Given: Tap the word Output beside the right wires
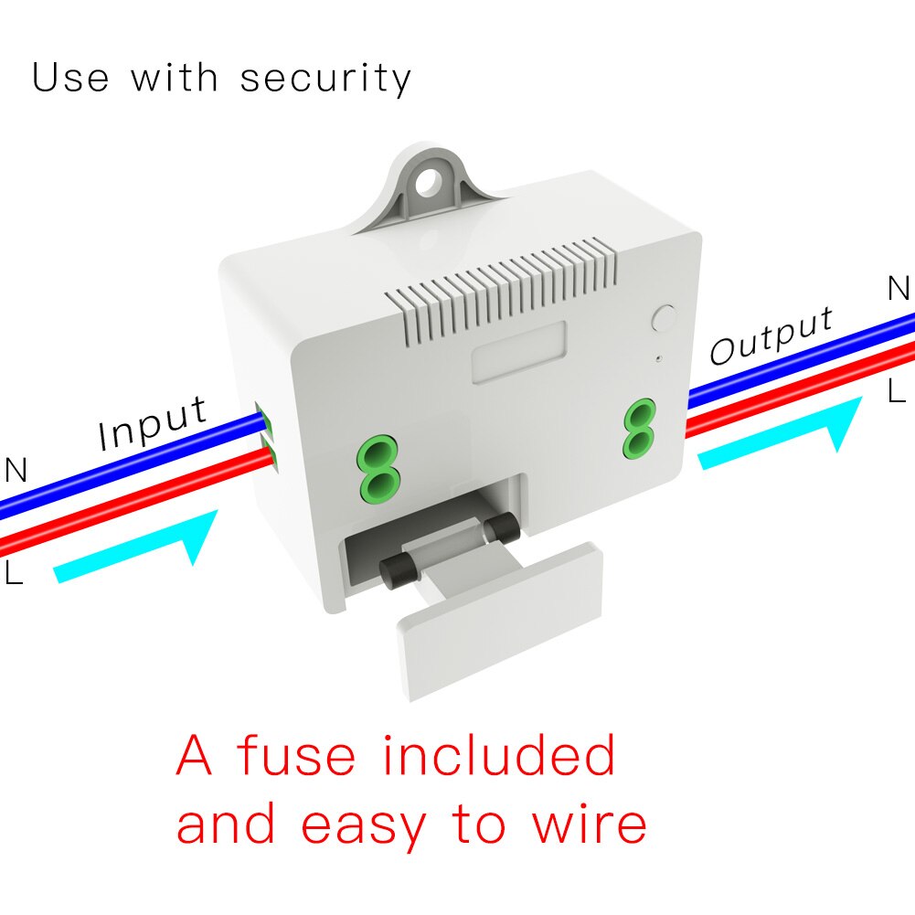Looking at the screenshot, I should pyautogui.click(x=771, y=335).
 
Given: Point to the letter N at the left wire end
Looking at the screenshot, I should pyautogui.click(x=16, y=471).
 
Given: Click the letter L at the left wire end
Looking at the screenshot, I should pyautogui.click(x=14, y=574).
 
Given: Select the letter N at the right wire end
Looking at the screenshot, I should pyautogui.click(x=899, y=289).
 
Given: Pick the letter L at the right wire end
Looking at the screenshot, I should pyautogui.click(x=897, y=391).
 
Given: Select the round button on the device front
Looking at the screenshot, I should pyautogui.click(x=664, y=319).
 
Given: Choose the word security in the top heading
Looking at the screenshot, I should pyautogui.click(x=325, y=79).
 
